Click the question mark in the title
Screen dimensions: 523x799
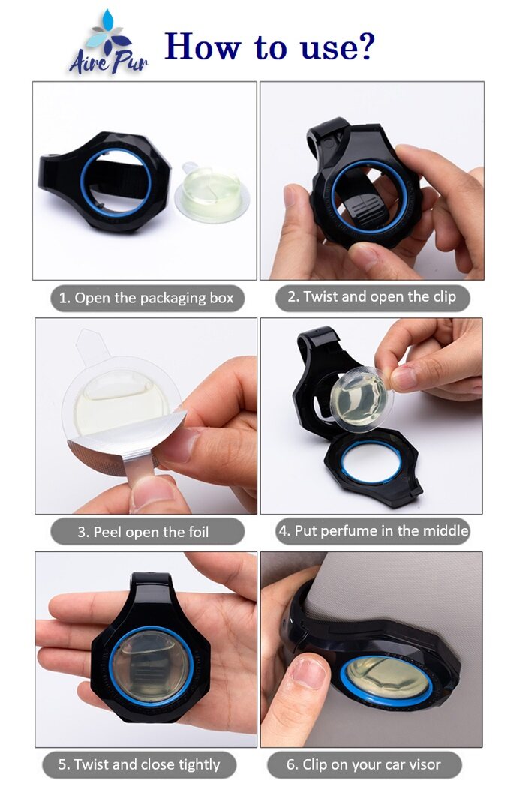(x=364, y=46)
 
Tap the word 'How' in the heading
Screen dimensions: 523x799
(x=203, y=46)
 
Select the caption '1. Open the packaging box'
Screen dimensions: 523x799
(x=146, y=298)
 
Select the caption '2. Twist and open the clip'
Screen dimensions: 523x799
(x=372, y=297)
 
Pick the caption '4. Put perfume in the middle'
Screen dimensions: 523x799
(x=373, y=531)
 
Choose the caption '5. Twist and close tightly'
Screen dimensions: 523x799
(x=139, y=764)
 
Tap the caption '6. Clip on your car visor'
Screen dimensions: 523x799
(x=364, y=764)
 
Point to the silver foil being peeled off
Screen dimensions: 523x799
(x=125, y=449)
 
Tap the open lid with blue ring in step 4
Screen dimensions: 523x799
(x=373, y=466)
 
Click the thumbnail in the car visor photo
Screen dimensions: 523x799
(x=307, y=673)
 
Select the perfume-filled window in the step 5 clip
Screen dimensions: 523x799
(x=150, y=664)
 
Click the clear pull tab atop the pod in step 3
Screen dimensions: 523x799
(x=91, y=347)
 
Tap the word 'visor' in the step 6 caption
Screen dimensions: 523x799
(x=423, y=764)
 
